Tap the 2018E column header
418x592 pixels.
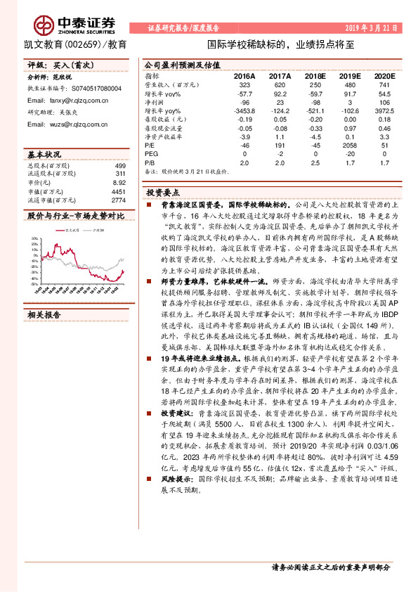coord(315,75)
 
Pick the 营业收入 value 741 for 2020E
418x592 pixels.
coord(384,84)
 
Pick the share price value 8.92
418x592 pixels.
coord(120,181)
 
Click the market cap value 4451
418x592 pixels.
coord(119,191)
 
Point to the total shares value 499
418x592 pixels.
coord(120,165)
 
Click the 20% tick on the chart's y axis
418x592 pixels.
coord(34,239)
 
